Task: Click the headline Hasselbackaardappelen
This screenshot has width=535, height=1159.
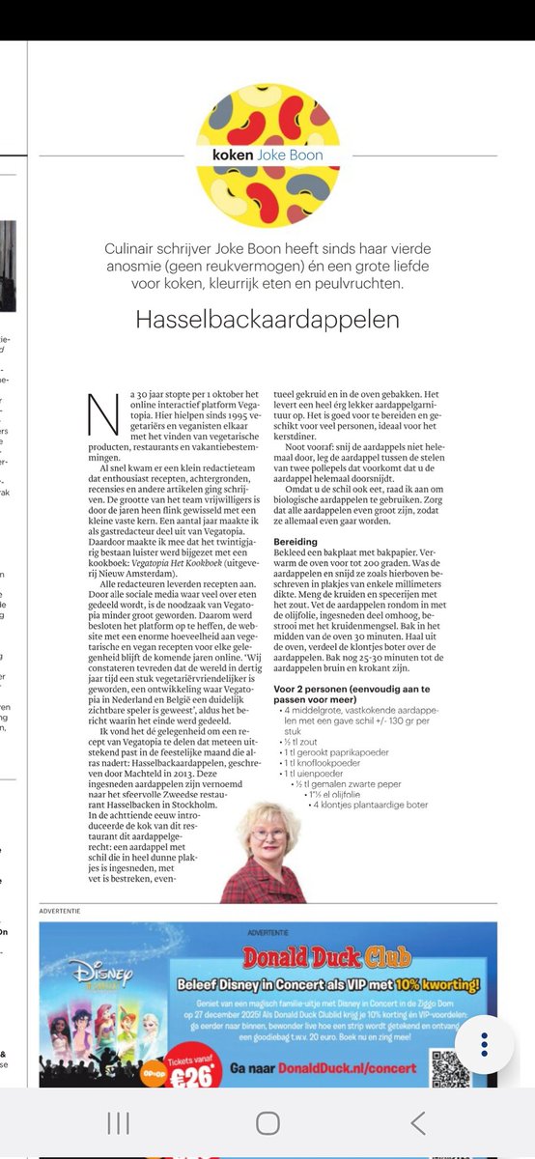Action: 267,319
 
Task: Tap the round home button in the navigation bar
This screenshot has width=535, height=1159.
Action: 267,1122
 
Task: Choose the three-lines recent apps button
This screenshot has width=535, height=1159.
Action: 118,1122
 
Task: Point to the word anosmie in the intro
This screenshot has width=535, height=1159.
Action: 134,267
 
